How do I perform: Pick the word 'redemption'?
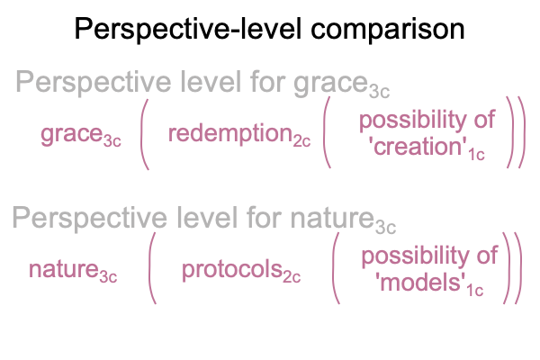[x=230, y=133]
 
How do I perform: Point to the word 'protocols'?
[x=232, y=269]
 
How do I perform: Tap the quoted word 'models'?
[x=420, y=283]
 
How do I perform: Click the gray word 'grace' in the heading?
[x=330, y=83]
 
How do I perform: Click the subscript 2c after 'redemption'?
[x=301, y=141]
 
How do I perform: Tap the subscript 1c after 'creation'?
[x=476, y=154]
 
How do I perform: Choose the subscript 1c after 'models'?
[x=474, y=290]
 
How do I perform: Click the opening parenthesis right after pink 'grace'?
[x=145, y=134]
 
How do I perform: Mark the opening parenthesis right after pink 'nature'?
[x=152, y=268]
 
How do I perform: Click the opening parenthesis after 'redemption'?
[x=327, y=132]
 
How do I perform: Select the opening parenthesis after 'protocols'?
[x=336, y=268]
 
